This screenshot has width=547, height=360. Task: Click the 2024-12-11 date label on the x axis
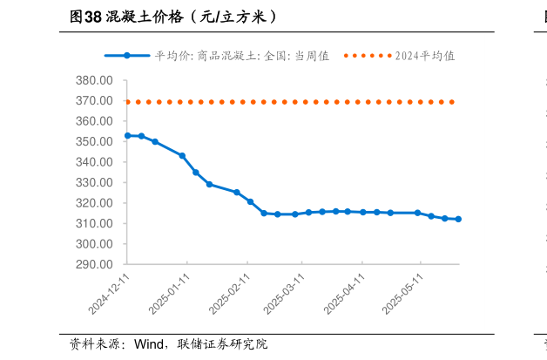(x=110, y=294)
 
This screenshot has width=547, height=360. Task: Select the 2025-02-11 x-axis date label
(x=230, y=294)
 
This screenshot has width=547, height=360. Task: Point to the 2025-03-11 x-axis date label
(x=284, y=294)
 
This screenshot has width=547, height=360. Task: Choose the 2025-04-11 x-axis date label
(x=344, y=294)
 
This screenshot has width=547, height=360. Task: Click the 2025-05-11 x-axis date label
(x=402, y=294)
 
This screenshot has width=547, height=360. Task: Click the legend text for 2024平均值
(x=425, y=56)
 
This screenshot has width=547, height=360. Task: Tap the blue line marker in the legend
(x=127, y=56)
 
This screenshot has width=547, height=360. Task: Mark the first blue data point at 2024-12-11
(x=127, y=136)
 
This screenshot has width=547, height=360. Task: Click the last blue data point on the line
(x=458, y=220)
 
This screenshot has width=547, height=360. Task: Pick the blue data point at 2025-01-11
(x=182, y=156)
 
